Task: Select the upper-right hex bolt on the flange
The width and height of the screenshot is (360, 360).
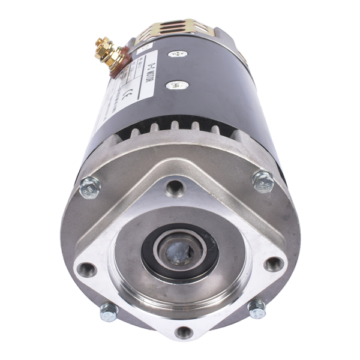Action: tap(263, 181)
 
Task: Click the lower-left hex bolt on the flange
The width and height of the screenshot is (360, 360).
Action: tap(109, 311)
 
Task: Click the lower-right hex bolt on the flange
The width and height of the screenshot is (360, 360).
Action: tap(257, 308)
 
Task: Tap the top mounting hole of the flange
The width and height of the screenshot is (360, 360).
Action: tap(175, 188)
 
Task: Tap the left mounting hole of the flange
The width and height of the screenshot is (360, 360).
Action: tap(87, 269)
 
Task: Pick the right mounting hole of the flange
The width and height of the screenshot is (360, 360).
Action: tap(274, 263)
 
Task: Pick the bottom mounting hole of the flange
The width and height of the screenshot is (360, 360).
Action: tap(184, 332)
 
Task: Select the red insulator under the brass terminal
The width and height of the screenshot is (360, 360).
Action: tap(121, 61)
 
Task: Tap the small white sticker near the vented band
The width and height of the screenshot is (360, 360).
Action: tap(144, 47)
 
